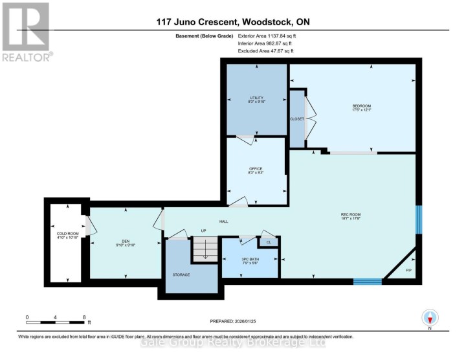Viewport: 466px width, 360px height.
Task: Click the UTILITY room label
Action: pos(257,98)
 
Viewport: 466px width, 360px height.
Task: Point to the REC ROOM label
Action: pos(350,216)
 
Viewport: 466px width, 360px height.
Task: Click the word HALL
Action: pos(224,222)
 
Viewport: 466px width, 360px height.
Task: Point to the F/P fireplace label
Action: pos(408,270)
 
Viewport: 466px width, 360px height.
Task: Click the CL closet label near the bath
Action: pos(269,242)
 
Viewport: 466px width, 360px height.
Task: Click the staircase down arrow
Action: pos(205,253)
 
